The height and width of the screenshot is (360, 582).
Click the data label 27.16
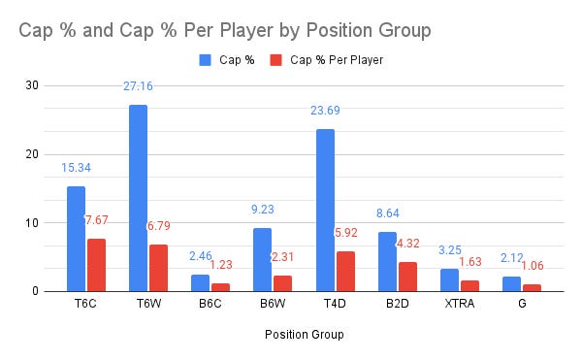[x=138, y=86]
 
